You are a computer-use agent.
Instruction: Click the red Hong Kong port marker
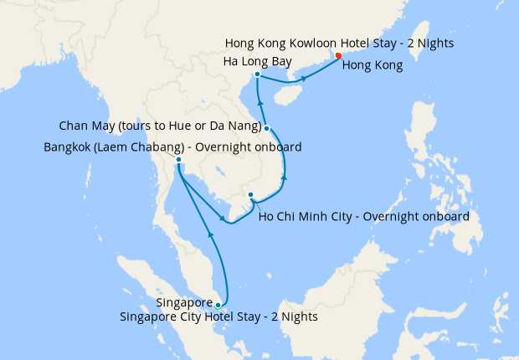tap(338, 56)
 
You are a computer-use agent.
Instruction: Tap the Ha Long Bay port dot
tap(257, 75)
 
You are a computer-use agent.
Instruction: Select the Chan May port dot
tap(266, 128)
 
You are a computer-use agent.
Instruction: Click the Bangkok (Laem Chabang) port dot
tap(179, 159)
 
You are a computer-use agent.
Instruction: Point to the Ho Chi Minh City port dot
tap(250, 195)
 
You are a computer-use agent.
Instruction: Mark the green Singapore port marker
tap(218, 305)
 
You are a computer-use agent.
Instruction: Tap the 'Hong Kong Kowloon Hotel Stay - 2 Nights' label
tap(340, 43)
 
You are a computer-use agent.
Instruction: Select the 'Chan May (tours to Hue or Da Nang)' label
tap(162, 126)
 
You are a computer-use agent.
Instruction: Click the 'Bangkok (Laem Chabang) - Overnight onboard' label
tap(172, 147)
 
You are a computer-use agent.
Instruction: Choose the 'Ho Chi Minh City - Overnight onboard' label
tap(363, 216)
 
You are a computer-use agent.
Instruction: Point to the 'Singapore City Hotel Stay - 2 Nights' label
tap(218, 317)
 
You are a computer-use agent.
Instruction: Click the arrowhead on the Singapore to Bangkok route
tap(211, 236)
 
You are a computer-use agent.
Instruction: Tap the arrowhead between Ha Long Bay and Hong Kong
tap(304, 79)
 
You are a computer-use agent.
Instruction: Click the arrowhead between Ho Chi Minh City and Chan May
tap(285, 177)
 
